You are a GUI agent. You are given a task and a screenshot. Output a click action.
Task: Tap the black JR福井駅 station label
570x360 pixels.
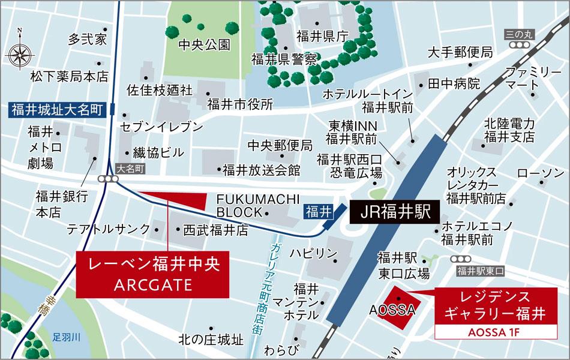tap(391, 212)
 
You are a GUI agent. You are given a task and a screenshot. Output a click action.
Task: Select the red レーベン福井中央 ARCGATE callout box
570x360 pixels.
tap(152, 274)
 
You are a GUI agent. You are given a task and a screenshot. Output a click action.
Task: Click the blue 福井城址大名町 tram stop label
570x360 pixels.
tap(57, 110)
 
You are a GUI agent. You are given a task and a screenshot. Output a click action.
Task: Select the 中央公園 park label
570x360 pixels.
tap(205, 44)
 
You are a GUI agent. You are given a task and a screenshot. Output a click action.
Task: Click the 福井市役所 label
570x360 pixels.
tap(240, 104)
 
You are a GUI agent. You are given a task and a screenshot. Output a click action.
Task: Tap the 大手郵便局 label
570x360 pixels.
tap(460, 52)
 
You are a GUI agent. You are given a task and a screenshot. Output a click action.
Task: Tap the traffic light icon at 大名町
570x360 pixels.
tap(109, 179)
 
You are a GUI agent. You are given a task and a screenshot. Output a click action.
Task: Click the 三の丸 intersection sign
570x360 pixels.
tap(518, 35)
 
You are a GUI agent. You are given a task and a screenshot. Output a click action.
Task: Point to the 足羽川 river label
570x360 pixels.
tap(66, 337)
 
